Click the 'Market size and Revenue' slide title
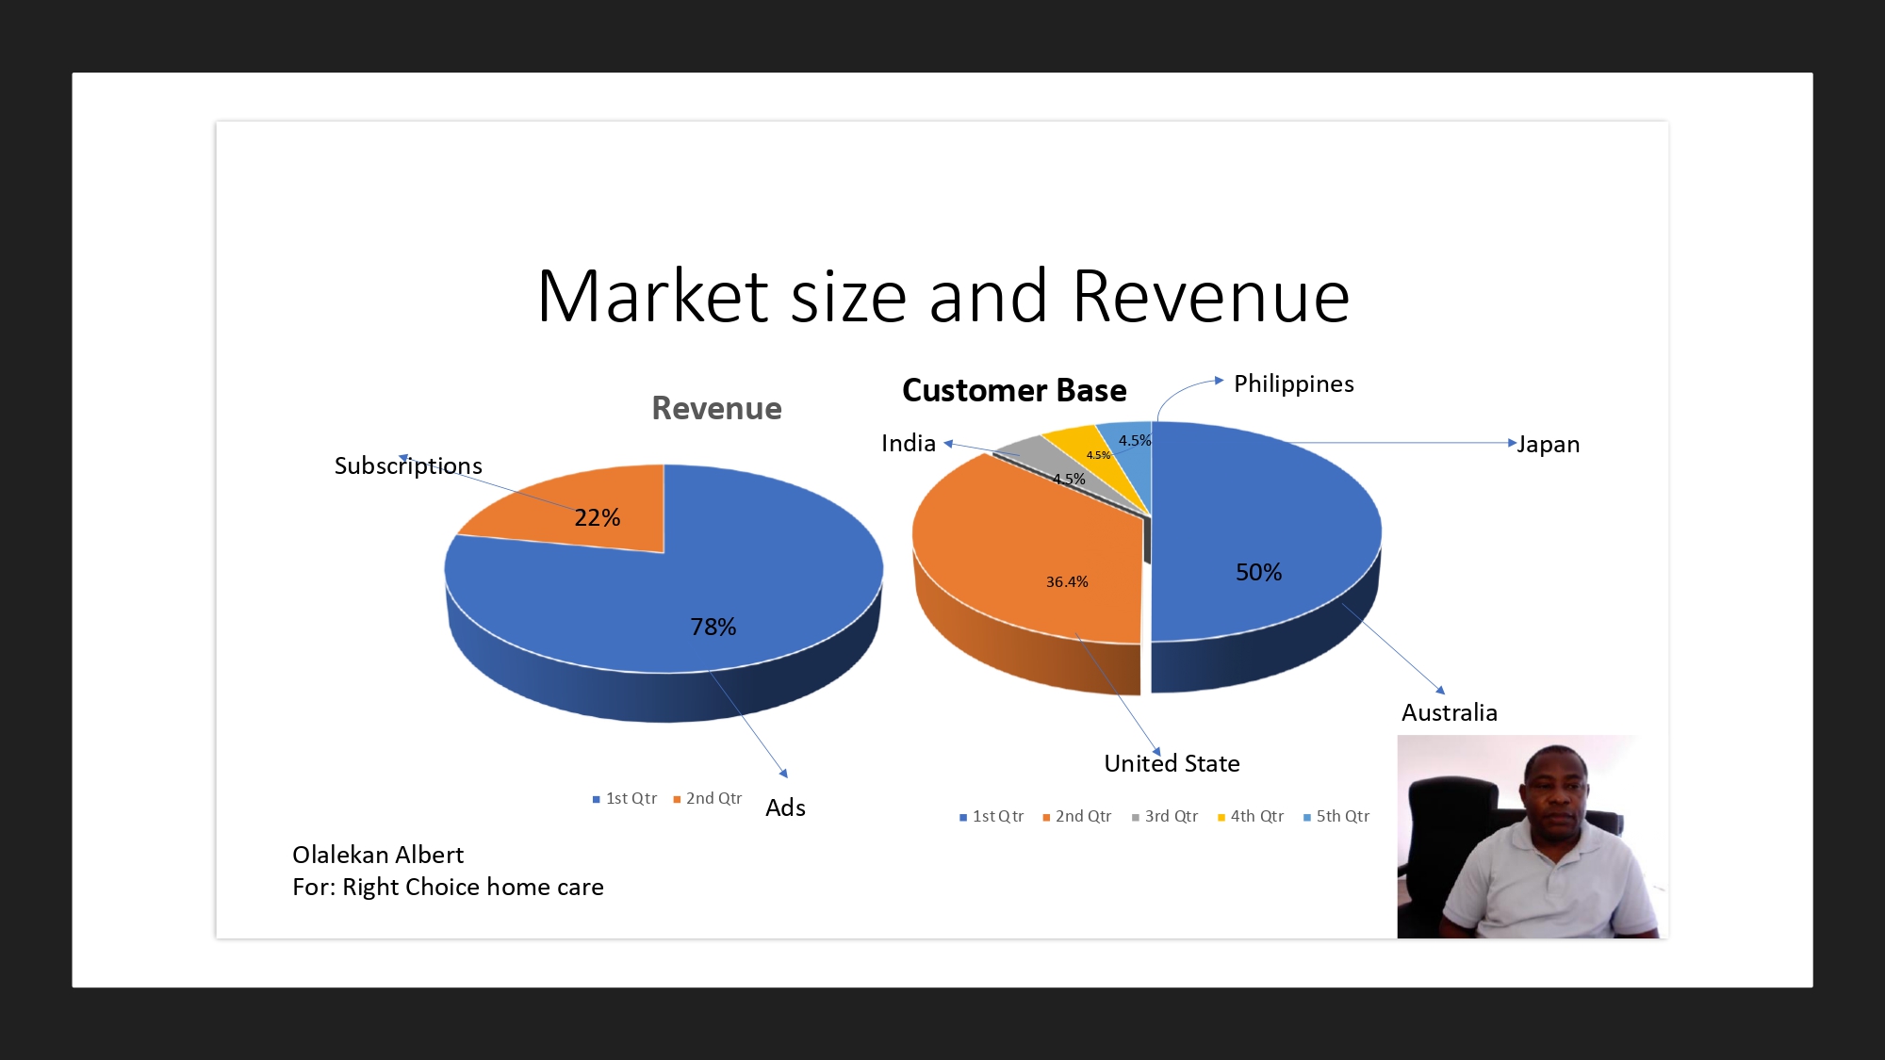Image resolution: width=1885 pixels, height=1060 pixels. [x=943, y=296]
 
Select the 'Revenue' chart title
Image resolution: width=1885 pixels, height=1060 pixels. [x=716, y=408]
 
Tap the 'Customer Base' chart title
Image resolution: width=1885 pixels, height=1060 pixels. [x=1014, y=390]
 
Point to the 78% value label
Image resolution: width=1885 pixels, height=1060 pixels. [x=713, y=627]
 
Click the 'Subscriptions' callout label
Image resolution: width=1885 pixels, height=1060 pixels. [x=408, y=465]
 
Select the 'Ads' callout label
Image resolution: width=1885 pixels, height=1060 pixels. [x=785, y=807]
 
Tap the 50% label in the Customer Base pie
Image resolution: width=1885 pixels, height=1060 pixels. [x=1258, y=572]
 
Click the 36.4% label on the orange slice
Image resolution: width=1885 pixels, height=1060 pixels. [x=1067, y=581]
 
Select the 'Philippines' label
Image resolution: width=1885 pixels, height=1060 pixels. [x=1293, y=383]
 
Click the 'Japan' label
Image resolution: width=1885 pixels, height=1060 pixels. [x=1549, y=444]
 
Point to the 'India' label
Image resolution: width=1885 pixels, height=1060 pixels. [x=909, y=443]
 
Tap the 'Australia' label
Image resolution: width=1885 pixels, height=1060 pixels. [x=1450, y=712]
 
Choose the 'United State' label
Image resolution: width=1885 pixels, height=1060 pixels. [x=1172, y=763]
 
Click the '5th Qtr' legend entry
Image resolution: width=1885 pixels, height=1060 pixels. [x=1336, y=816]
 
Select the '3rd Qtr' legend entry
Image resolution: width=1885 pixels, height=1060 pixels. [x=1165, y=816]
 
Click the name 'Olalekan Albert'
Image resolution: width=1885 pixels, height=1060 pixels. [x=378, y=855]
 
